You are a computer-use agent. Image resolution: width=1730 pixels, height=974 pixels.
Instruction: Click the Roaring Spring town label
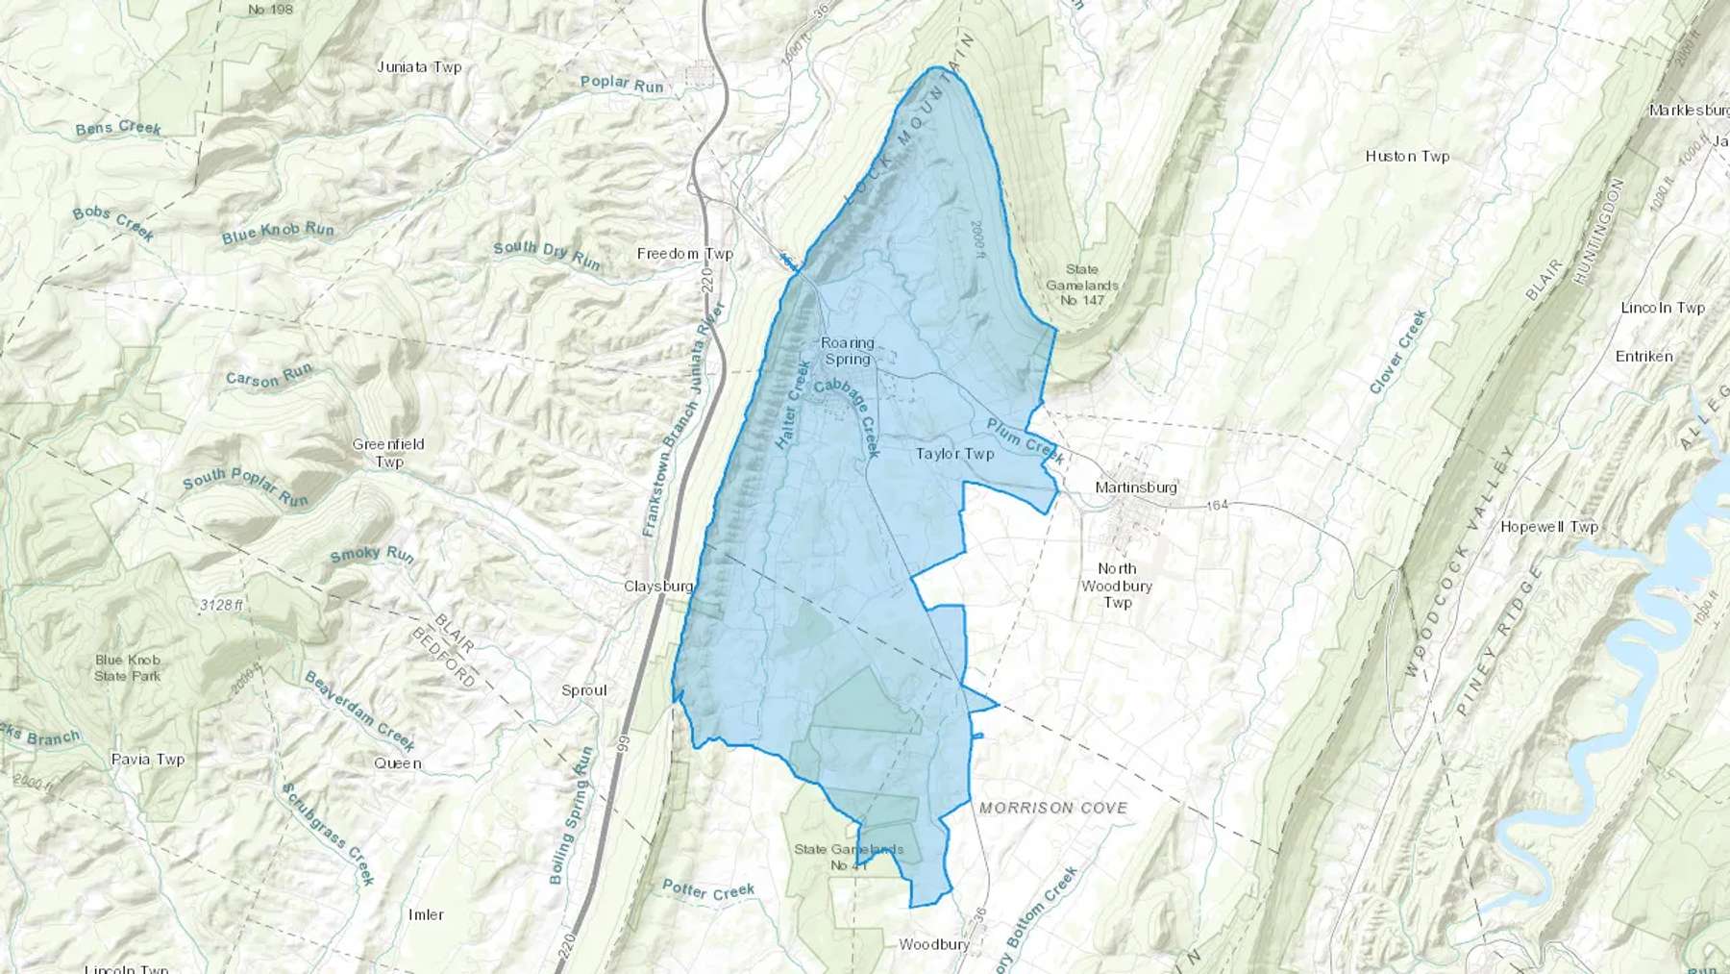[847, 351]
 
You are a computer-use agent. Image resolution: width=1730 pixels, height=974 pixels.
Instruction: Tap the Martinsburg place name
[1136, 487]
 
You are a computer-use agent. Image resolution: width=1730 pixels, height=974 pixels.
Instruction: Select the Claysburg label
[658, 586]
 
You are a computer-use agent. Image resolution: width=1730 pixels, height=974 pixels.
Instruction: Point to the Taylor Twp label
[954, 453]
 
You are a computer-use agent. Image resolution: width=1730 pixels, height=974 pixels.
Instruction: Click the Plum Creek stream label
[1025, 440]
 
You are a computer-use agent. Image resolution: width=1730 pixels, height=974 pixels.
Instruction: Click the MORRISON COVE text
[1052, 808]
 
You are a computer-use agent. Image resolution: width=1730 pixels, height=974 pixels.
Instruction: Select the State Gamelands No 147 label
[1082, 285]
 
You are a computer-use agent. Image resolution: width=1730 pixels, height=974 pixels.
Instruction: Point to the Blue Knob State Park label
[128, 667]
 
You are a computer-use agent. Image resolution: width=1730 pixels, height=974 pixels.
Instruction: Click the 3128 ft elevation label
[221, 605]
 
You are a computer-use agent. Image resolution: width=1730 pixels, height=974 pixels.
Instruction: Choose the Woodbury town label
[933, 944]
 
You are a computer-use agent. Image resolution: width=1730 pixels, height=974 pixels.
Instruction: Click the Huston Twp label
[1407, 156]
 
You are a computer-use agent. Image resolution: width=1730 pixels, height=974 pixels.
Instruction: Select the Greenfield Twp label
[388, 453]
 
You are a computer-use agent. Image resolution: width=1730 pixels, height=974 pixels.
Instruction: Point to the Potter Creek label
[708, 890]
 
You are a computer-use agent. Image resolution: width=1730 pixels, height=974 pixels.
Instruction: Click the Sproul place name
[584, 690]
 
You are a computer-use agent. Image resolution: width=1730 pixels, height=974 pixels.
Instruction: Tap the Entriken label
[1643, 356]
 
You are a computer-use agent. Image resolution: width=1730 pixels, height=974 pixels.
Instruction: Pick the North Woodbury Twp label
[1117, 586]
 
